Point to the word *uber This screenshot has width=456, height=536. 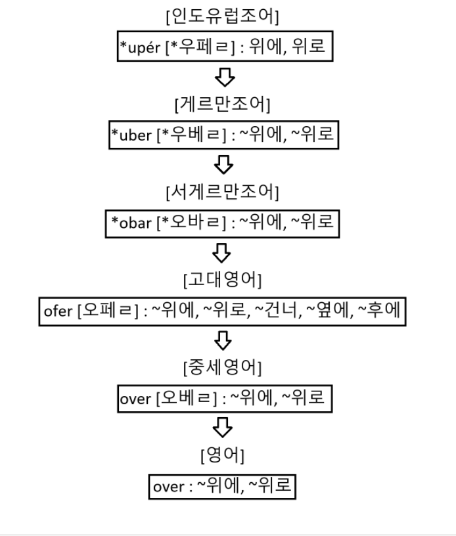tap(129, 136)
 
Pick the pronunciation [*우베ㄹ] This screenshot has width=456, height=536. tap(187, 136)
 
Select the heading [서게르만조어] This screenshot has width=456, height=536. tap(223, 192)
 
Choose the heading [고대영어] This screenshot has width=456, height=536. tap(223, 280)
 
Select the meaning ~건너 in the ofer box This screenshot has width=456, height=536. tap(277, 311)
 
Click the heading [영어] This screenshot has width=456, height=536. tap(223, 455)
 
